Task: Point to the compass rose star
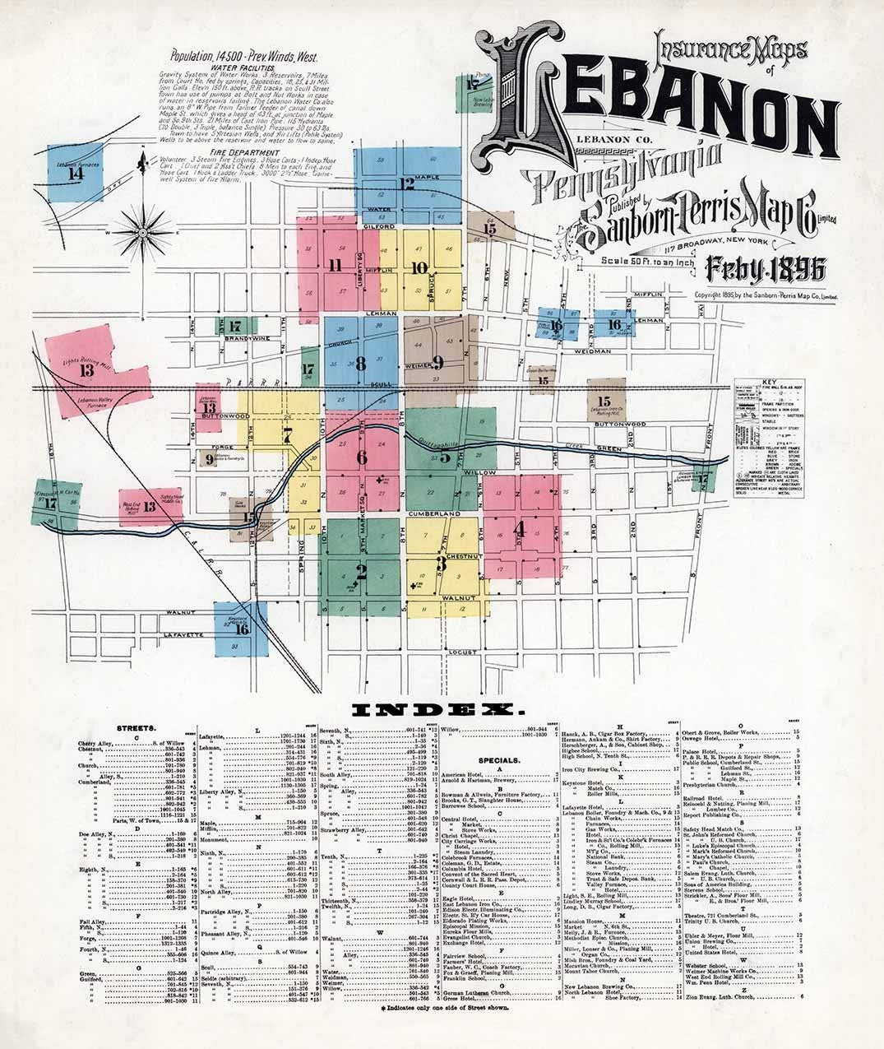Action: [142, 232]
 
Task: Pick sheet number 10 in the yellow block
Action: [419, 267]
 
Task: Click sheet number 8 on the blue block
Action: [359, 363]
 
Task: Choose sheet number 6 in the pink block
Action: [362, 457]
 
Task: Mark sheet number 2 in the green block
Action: [360, 570]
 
